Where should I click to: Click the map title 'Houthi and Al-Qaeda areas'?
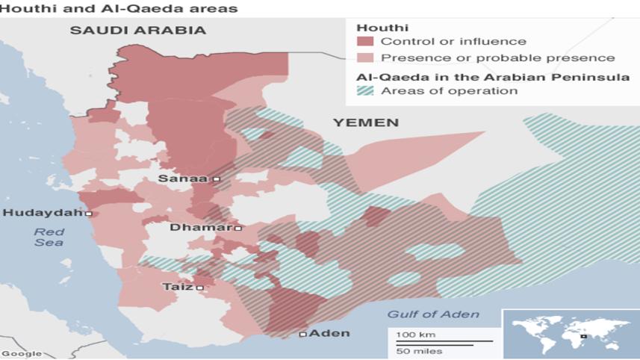119,9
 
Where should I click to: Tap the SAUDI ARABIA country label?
137,31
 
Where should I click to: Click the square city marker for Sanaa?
217,179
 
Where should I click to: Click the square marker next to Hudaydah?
89,214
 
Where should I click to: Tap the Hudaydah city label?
43,214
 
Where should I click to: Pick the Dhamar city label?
202,228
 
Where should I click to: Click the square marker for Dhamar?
237,228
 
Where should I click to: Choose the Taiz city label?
178,287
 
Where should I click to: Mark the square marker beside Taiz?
199,287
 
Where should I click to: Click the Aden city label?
329,334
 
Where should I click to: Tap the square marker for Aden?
303,334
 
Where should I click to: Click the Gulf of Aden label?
433,314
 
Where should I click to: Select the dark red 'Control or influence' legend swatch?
365,41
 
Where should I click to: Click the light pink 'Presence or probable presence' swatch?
365,58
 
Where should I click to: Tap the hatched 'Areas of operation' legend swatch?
365,91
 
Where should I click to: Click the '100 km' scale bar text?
417,334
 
